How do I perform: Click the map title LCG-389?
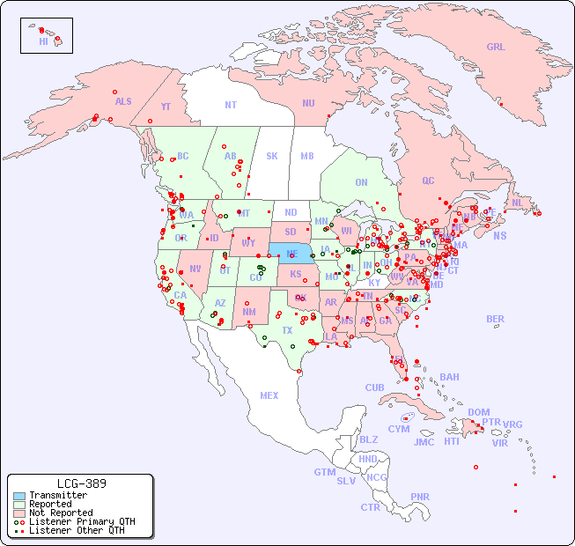pos(81,483)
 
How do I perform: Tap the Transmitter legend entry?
pos(58,495)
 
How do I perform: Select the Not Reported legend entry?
pos(61,513)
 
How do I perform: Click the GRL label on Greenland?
pos(496,47)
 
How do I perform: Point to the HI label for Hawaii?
pos(43,41)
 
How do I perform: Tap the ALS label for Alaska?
pos(123,101)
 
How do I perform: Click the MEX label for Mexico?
pos(269,395)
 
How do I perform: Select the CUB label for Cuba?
pos(375,387)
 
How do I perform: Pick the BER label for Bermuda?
pos(496,319)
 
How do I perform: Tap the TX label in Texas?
pos(287,330)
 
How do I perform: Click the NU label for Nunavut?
pos(308,103)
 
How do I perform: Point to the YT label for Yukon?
pos(166,107)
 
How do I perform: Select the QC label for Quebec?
pos(428,181)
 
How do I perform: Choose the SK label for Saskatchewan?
pos(272,156)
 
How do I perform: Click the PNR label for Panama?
pos(420,497)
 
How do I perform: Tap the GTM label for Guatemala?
pos(325,472)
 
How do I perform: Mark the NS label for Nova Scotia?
pos(500,235)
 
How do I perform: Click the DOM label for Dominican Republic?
pos(478,412)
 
